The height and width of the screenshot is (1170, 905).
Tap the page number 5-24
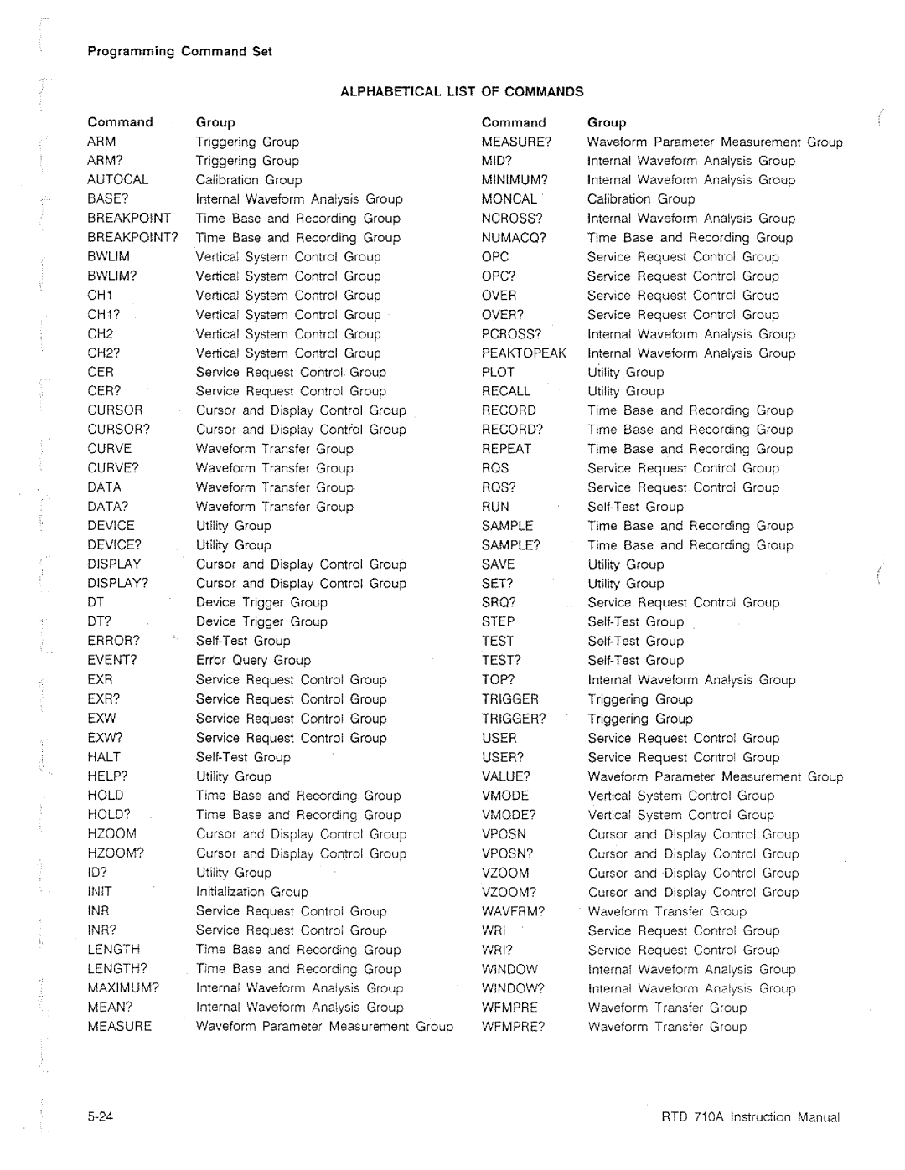[99, 1117]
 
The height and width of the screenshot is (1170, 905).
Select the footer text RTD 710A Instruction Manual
[750, 1117]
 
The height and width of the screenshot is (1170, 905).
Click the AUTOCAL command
[118, 179]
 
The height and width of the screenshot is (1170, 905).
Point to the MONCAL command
[509, 198]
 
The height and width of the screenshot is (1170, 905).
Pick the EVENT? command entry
[112, 660]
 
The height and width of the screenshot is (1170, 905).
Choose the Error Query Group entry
[253, 660]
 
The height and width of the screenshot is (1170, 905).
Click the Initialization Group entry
[251, 892]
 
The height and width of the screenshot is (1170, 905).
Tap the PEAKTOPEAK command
[524, 353]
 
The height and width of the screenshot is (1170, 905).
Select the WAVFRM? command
[513, 911]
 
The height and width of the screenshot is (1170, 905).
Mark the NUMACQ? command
[514, 237]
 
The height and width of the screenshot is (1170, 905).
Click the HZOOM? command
[116, 853]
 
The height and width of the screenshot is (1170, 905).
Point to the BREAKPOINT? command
[132, 237]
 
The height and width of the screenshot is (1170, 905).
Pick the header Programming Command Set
[179, 51]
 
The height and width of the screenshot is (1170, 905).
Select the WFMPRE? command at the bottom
[513, 1027]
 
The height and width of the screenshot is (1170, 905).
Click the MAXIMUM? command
[123, 988]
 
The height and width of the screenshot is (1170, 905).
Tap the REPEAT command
[506, 449]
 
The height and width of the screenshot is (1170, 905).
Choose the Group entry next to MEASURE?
[715, 142]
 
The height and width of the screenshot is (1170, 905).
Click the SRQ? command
[499, 602]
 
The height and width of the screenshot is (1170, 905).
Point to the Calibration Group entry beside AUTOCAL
[249, 179]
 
